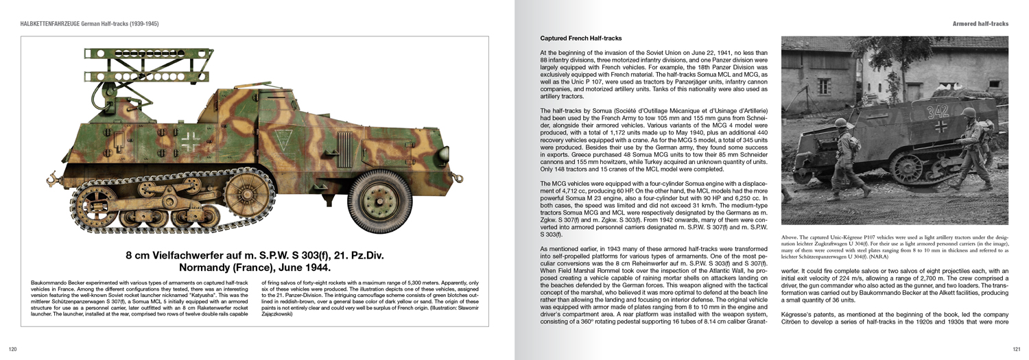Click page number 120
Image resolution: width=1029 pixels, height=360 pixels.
coord(12,349)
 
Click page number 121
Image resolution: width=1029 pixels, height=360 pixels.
coord(1016,349)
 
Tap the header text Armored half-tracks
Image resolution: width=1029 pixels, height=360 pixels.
coord(980,24)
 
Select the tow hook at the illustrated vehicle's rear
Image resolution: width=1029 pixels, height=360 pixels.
coord(54,181)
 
